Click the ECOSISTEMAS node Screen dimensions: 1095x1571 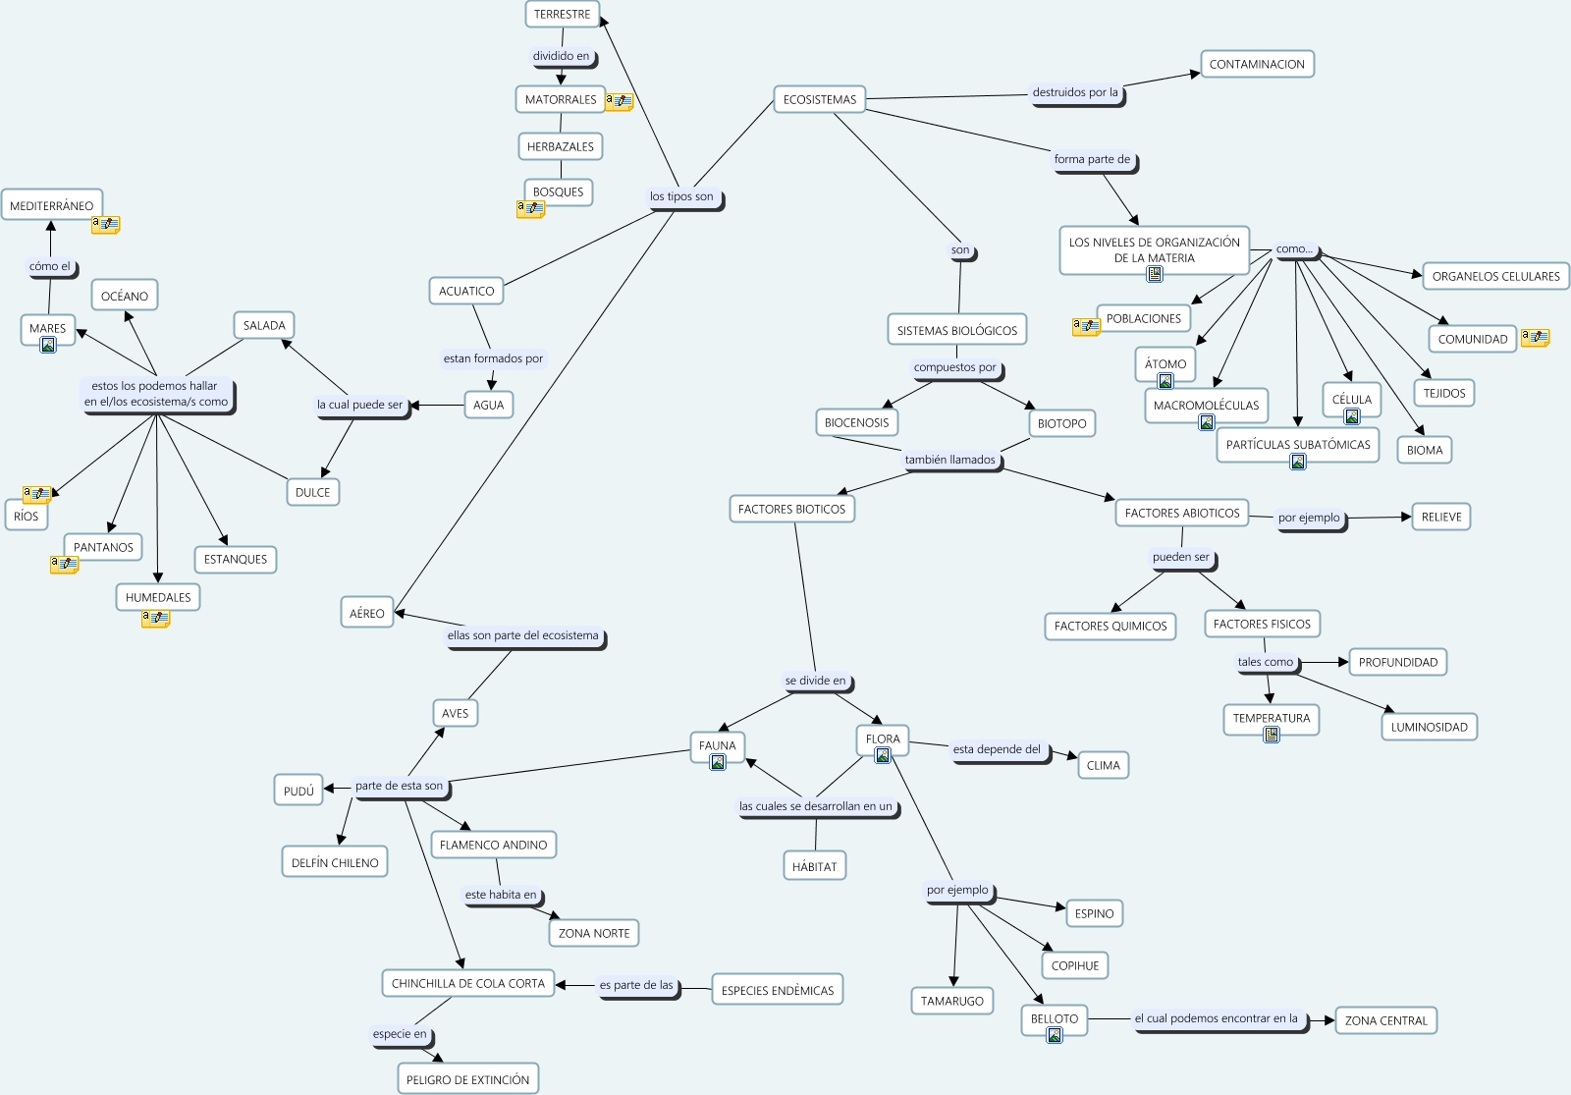coord(819,99)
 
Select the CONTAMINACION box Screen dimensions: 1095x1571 coord(1257,65)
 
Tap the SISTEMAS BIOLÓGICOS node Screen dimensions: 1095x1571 coord(956,331)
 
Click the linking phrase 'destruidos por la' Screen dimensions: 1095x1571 coord(1075,92)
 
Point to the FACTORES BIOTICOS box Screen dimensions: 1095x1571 coord(791,509)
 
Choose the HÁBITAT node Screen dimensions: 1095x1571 coord(815,866)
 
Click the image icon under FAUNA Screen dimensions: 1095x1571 coord(718,762)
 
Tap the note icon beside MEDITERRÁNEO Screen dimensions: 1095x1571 coord(106,225)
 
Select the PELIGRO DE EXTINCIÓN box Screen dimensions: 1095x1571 coord(467,1079)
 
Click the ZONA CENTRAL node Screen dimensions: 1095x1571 coord(1385,1020)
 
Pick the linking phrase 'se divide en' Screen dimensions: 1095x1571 coord(815,681)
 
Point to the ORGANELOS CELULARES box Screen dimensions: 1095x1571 coord(1495,276)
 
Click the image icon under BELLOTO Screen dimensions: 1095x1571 coord(1055,1035)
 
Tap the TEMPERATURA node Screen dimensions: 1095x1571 coord(1272,718)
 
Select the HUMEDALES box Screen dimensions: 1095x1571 coord(158,597)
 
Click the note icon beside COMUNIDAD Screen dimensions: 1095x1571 coord(1535,338)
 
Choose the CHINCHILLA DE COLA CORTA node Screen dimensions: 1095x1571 coord(467,983)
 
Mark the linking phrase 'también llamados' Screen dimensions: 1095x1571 coord(949,460)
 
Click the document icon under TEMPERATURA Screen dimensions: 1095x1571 coord(1272,735)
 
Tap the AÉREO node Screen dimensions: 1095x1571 coord(367,613)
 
